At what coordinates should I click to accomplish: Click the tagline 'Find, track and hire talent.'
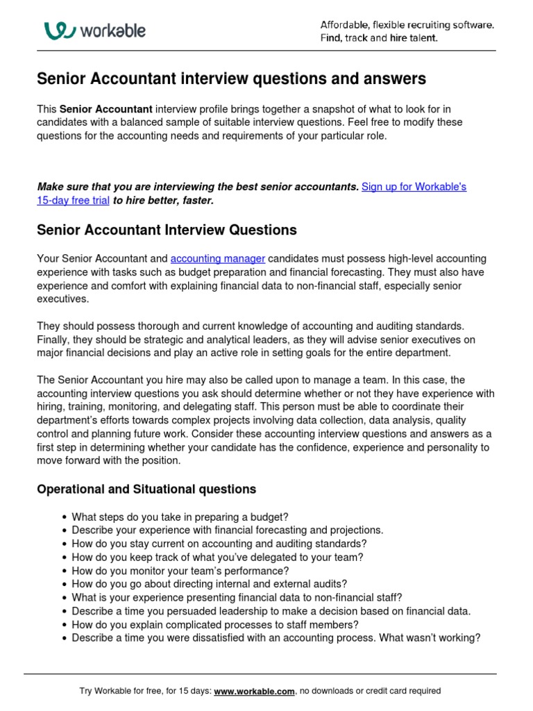(x=379, y=38)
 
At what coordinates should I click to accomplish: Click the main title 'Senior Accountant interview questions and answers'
(x=231, y=79)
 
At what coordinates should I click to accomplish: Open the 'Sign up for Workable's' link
(x=414, y=187)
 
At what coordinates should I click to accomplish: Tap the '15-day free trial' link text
(x=73, y=201)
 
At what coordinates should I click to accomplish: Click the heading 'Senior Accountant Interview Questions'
(x=167, y=230)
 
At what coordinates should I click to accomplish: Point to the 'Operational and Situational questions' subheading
(x=146, y=490)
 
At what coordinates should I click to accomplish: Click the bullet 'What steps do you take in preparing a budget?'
(x=180, y=517)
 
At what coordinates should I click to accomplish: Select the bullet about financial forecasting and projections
(x=227, y=530)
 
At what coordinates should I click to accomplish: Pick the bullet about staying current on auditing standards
(x=219, y=544)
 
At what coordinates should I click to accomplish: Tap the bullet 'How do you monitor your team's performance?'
(x=180, y=571)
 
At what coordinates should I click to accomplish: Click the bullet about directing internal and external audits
(x=209, y=584)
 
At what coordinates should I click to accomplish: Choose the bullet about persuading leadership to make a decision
(x=271, y=611)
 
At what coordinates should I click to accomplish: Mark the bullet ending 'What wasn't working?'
(x=276, y=638)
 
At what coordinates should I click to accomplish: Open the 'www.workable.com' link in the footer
(x=255, y=692)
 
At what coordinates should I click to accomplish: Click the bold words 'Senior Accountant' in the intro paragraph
(x=105, y=109)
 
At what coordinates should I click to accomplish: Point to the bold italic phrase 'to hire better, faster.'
(x=164, y=201)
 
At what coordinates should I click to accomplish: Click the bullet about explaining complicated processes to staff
(x=215, y=625)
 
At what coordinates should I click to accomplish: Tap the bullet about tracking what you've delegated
(x=217, y=558)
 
